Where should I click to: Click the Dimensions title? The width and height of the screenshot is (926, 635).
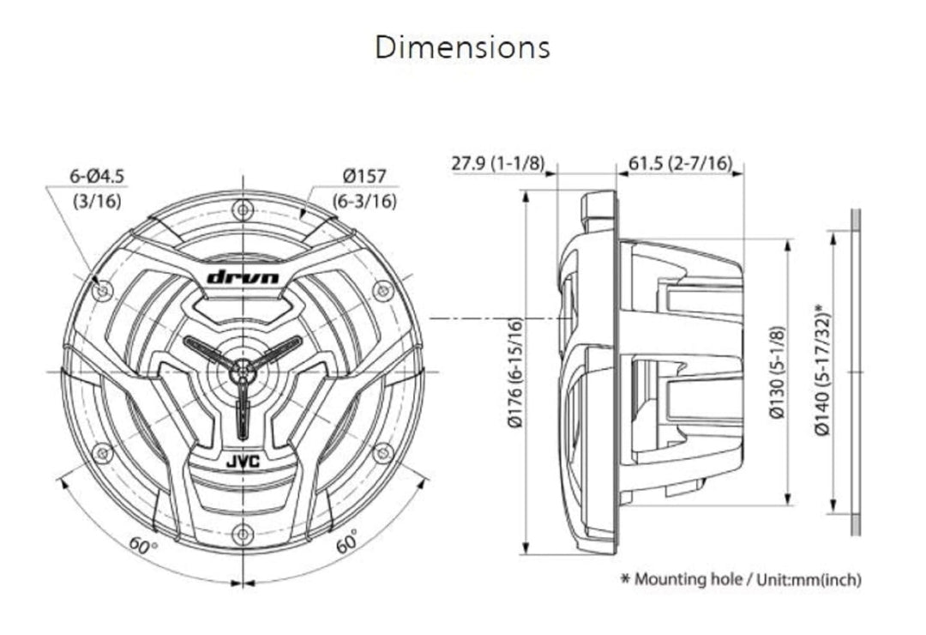pos(462,47)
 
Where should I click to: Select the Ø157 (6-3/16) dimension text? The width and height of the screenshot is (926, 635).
pos(364,189)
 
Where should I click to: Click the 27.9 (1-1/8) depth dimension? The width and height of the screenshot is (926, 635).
pos(498,163)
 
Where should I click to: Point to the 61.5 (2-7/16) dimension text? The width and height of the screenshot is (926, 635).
pos(680,162)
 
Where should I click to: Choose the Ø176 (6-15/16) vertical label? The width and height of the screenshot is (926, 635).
pos(515,372)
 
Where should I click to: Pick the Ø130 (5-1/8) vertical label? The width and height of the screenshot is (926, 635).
pos(778,372)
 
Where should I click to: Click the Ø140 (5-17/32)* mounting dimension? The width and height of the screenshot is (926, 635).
pos(822,370)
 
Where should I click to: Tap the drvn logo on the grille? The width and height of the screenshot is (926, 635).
pos(243,276)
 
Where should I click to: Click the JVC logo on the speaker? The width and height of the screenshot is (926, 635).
pos(243,462)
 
